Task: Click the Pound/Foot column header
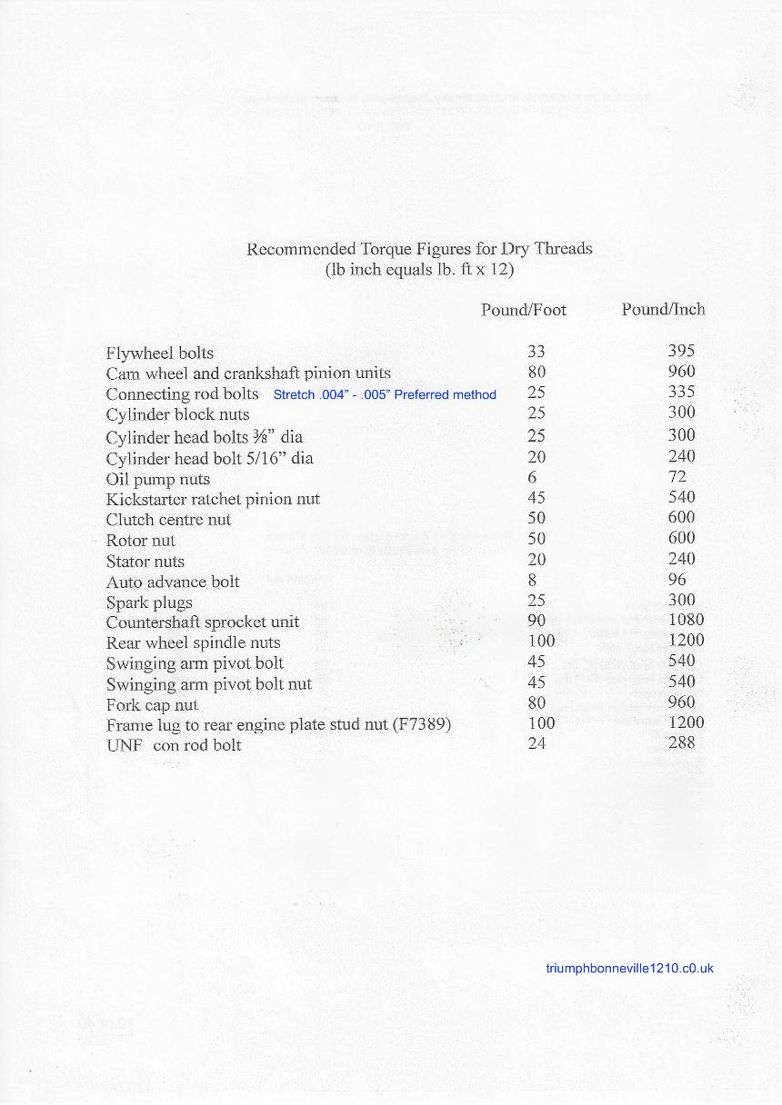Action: coord(523,310)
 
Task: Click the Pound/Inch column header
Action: coord(663,309)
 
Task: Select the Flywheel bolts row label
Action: coord(160,353)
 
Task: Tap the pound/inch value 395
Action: coord(681,351)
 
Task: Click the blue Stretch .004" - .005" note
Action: coord(385,394)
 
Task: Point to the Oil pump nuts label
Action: coord(157,479)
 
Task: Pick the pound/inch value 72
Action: coord(677,476)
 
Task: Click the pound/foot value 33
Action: coord(536,351)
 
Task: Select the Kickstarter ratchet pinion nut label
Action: coord(213,499)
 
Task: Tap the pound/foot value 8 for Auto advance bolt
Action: coord(532,579)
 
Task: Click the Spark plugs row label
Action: coord(149,602)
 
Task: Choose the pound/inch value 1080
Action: coord(686,620)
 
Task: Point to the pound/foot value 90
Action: coord(536,621)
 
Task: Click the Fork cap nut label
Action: coord(152,704)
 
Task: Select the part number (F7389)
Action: coord(423,724)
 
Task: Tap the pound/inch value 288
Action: coord(681,742)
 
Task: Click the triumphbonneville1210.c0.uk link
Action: coord(629,968)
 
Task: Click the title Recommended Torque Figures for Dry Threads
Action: coord(419,248)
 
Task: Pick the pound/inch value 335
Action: coord(681,392)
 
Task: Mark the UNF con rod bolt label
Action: coord(174,745)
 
